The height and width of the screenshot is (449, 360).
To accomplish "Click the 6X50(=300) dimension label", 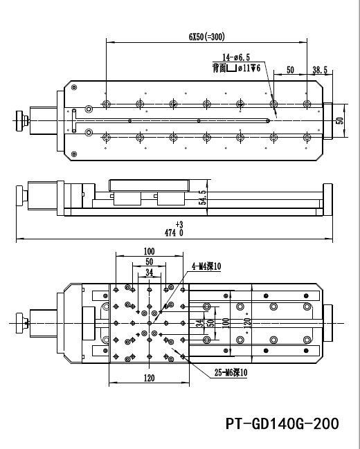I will coord(206,37).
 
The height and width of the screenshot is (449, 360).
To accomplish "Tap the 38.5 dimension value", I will coord(320,71).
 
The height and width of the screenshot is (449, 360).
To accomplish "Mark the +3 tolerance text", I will coord(180,225).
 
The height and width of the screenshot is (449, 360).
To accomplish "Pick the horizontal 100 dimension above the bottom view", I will coord(149,251).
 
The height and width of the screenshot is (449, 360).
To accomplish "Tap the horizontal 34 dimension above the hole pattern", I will coord(149,273).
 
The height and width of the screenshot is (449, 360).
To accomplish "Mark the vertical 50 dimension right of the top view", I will coord(339,120).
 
